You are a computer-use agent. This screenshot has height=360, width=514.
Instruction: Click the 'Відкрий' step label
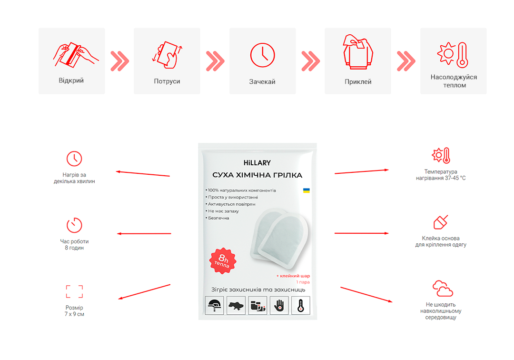click(x=71, y=80)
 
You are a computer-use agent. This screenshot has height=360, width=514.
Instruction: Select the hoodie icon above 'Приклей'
click(x=358, y=52)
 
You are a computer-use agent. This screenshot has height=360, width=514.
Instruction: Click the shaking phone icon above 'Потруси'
click(x=167, y=55)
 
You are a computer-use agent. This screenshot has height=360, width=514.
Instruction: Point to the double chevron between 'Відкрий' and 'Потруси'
click(x=119, y=61)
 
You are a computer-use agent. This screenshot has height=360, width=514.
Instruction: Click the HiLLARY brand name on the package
click(x=257, y=163)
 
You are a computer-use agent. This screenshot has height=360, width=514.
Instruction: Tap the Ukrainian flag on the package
click(x=306, y=190)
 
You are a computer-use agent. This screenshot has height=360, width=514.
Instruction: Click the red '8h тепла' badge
click(x=223, y=260)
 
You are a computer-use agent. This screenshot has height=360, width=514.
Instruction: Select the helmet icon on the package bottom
click(x=214, y=306)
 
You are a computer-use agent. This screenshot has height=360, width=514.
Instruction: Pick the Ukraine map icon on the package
click(x=236, y=306)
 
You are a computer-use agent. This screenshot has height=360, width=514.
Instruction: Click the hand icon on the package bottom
click(x=279, y=306)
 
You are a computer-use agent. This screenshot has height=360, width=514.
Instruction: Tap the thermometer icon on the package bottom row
click(x=301, y=306)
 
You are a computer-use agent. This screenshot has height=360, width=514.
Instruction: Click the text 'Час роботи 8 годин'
click(x=74, y=245)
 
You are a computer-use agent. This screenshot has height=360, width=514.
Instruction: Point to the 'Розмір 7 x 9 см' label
click(x=74, y=311)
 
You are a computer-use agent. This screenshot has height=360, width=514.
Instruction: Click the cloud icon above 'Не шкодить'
click(x=443, y=289)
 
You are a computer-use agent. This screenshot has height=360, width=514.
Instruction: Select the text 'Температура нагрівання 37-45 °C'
click(x=441, y=175)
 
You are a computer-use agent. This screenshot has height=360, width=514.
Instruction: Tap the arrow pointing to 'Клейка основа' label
click(x=362, y=233)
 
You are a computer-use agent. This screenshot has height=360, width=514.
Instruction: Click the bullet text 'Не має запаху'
click(x=223, y=211)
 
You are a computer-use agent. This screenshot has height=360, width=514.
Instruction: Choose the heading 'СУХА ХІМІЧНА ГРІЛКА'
click(x=257, y=175)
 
